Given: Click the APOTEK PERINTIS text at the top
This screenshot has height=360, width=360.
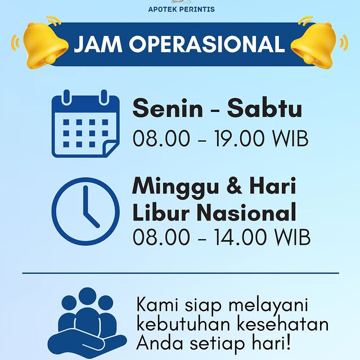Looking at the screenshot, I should click(x=181, y=9).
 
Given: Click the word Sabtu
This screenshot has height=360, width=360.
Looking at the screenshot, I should click(x=264, y=109).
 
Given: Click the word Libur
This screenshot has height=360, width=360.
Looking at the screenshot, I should click(x=157, y=213).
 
